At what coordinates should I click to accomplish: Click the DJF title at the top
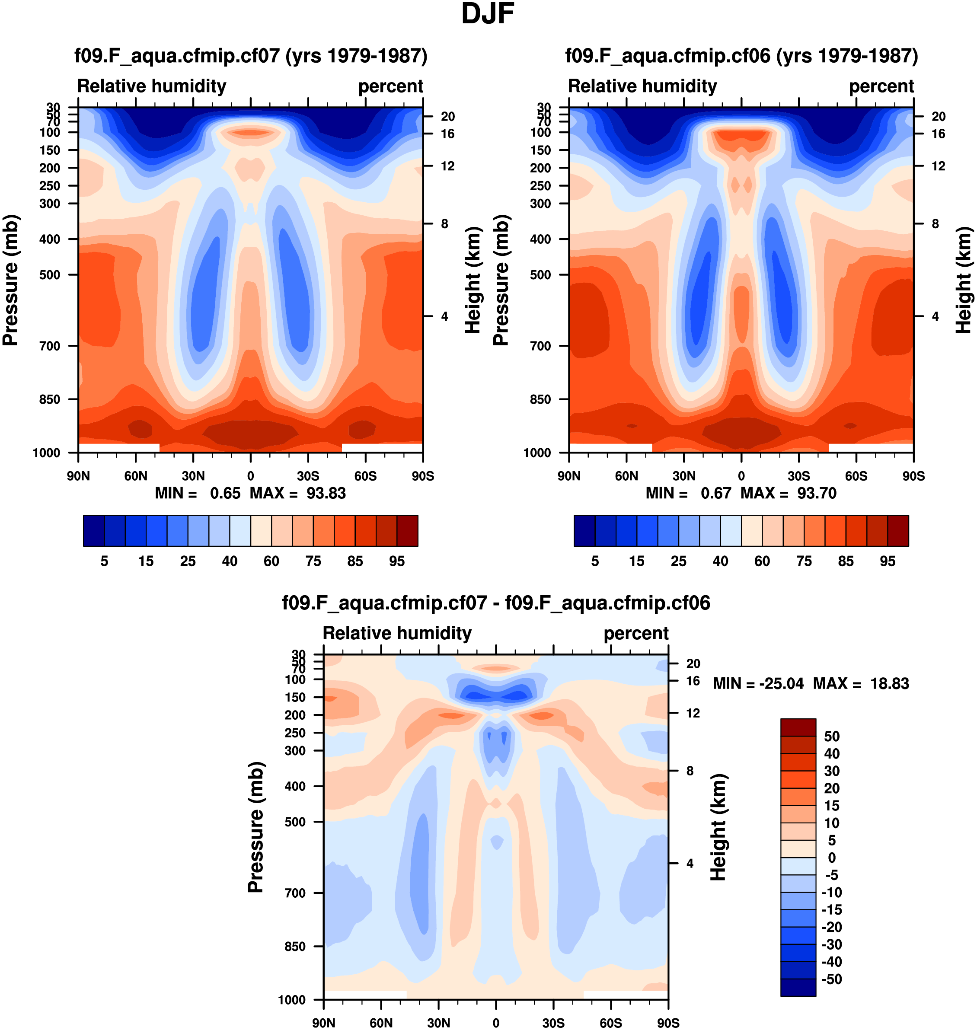(488, 14)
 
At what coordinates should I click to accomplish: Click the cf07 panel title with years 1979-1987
(251, 55)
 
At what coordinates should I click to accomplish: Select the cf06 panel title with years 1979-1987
(741, 55)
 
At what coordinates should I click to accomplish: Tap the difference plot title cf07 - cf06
(496, 603)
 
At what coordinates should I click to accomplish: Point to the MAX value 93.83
(326, 493)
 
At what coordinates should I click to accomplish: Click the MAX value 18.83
(890, 683)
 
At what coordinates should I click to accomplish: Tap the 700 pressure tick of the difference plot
(295, 893)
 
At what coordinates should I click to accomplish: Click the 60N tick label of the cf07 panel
(135, 476)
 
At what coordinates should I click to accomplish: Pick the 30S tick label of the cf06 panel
(798, 476)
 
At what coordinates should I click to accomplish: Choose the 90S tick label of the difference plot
(667, 1023)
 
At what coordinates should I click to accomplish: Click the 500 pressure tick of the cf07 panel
(50, 274)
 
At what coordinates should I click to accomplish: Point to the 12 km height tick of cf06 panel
(938, 166)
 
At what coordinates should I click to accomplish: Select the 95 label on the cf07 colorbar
(397, 561)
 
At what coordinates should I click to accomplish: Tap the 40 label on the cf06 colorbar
(720, 561)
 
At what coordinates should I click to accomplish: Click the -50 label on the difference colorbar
(831, 979)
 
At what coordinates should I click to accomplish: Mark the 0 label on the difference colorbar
(832, 858)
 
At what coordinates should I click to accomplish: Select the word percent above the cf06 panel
(881, 86)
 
